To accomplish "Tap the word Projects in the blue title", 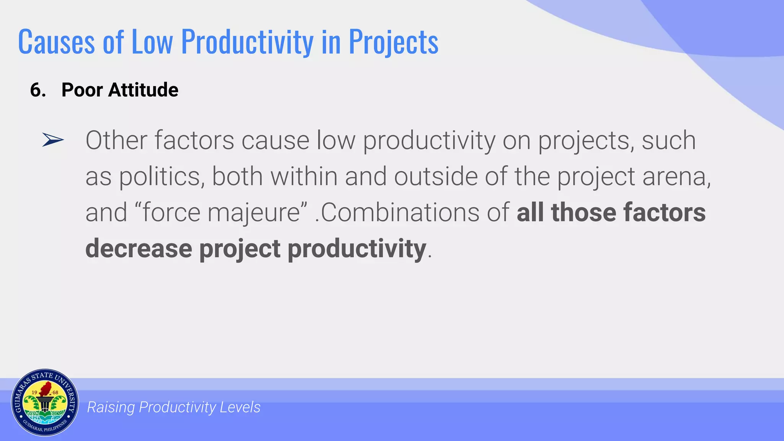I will pos(393,42).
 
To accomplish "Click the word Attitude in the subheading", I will pos(143,90).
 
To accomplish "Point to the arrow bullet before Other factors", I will pos(53,140).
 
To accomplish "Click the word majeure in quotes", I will pos(254,213).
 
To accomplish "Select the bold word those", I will pos(583,212).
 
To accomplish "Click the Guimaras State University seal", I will pos(45,403).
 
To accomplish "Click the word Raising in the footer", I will pos(111,407).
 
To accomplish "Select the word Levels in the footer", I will pos(240,407).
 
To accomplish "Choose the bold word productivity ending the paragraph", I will pos(357,249).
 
